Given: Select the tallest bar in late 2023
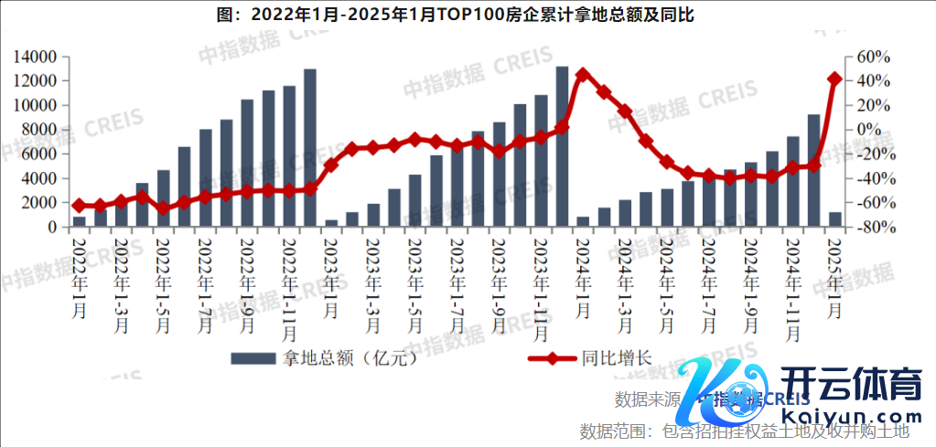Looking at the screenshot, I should [562, 146].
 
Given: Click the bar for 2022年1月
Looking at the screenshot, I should [80, 221].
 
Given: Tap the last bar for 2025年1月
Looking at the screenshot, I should [834, 219].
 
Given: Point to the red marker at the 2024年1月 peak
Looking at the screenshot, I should [583, 75].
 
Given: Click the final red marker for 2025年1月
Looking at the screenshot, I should [834, 80].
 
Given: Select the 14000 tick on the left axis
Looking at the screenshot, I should [36, 57].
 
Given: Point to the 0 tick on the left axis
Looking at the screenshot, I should [53, 227].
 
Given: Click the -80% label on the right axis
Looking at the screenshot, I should [872, 227].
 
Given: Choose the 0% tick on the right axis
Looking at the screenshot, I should [874, 130].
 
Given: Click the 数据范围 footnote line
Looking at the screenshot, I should [744, 431].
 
